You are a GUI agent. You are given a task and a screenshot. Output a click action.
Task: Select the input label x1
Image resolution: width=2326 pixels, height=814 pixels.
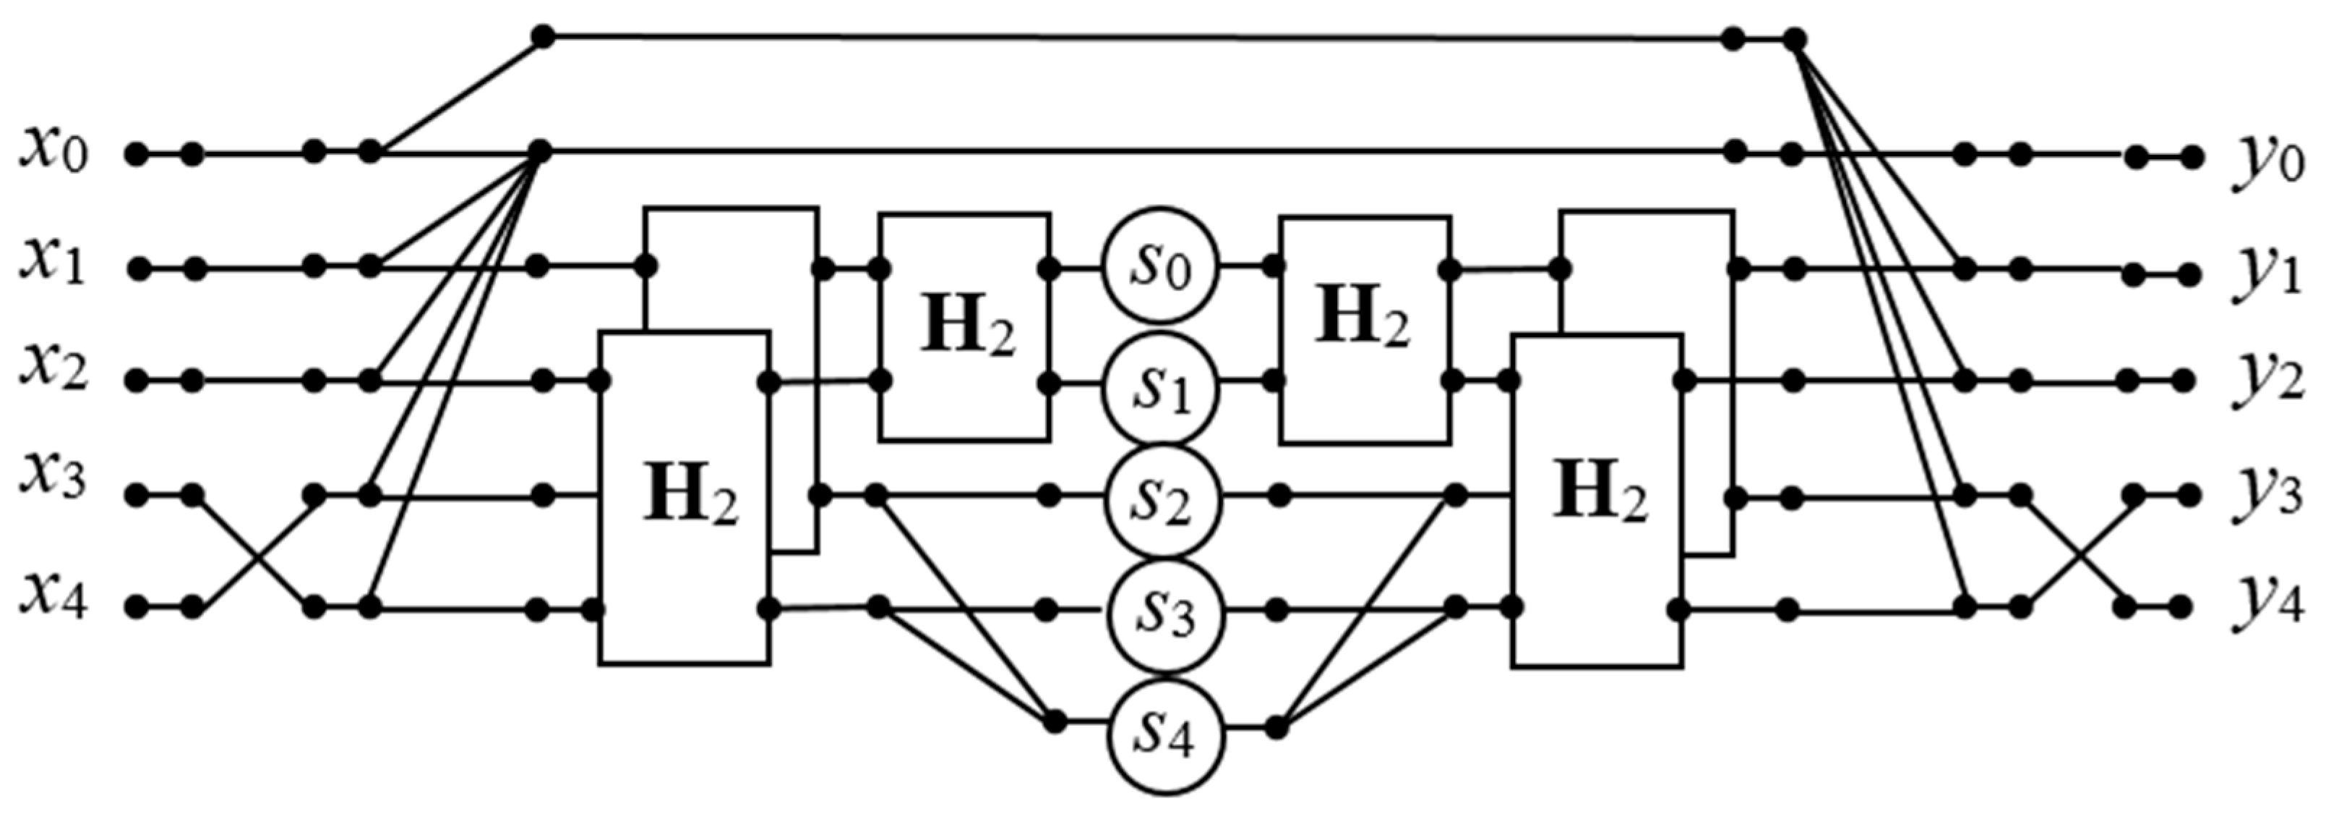54,265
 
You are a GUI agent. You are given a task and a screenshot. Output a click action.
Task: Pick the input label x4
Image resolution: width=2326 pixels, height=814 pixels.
54,597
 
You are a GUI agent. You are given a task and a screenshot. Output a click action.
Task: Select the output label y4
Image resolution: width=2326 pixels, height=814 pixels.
2267,606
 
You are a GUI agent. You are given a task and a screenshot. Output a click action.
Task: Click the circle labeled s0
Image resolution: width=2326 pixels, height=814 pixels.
1160,268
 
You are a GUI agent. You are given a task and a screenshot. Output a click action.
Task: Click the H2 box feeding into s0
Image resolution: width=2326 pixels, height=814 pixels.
965,327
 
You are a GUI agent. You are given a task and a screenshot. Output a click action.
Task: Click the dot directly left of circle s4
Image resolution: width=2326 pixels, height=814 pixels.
1054,722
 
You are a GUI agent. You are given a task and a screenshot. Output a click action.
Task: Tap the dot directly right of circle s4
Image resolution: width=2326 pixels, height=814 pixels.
1276,726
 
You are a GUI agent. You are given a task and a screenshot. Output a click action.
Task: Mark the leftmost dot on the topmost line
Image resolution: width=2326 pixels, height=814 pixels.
542,36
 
